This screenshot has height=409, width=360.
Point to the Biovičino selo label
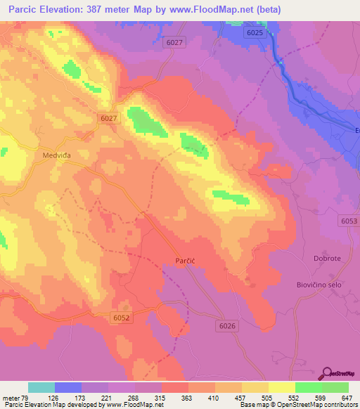point(318,284)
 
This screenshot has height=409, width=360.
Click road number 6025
point(255,32)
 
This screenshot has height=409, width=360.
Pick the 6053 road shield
point(347,221)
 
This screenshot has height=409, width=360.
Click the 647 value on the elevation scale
point(345,397)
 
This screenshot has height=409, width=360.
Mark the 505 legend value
point(266,397)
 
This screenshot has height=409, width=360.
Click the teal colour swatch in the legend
point(41,387)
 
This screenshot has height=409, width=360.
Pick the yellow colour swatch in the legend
point(282,387)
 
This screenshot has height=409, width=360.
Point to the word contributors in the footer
point(340,405)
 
